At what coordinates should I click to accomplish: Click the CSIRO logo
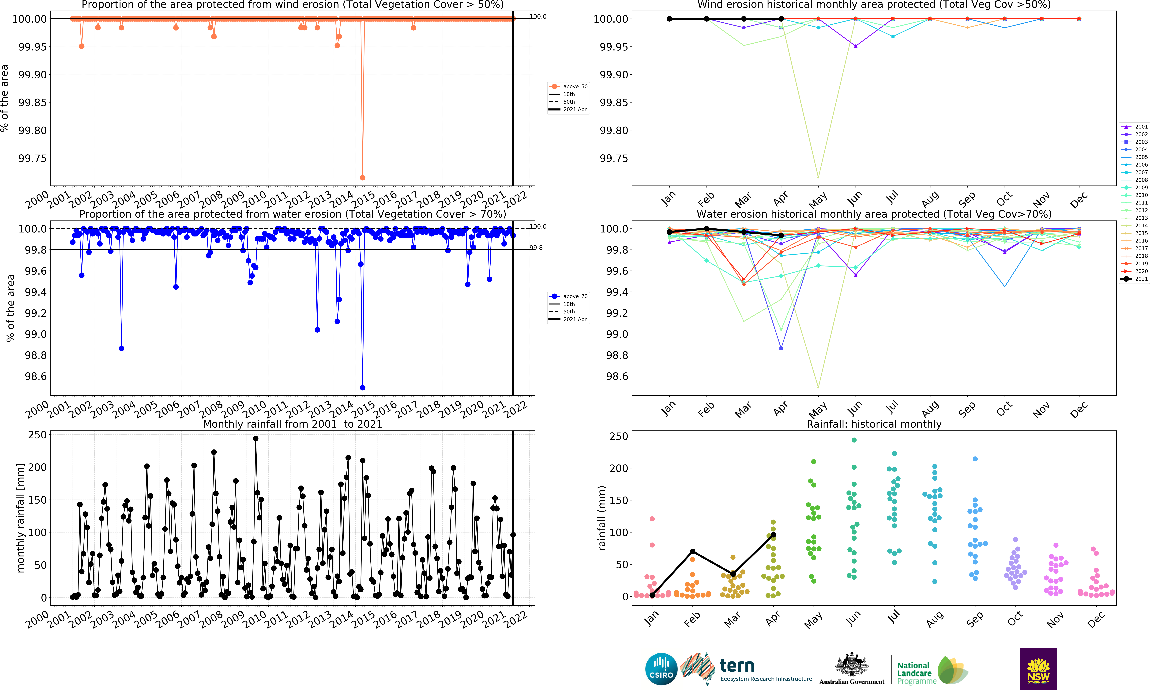[x=661, y=669]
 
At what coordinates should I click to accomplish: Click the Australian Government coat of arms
[x=852, y=665]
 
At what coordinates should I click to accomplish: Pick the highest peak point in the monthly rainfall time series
[x=255, y=438]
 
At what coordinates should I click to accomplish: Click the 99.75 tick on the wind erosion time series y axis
[x=33, y=158]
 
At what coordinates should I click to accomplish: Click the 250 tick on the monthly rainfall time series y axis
[x=37, y=435]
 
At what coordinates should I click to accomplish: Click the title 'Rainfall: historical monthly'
[x=874, y=424]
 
